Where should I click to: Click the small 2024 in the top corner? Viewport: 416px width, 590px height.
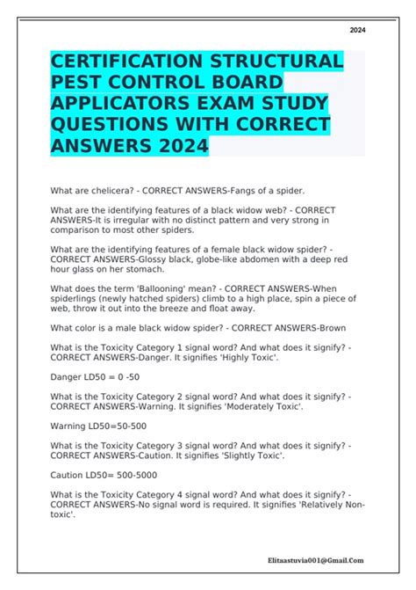click(x=357, y=30)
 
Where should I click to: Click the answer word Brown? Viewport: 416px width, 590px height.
click(x=328, y=328)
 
